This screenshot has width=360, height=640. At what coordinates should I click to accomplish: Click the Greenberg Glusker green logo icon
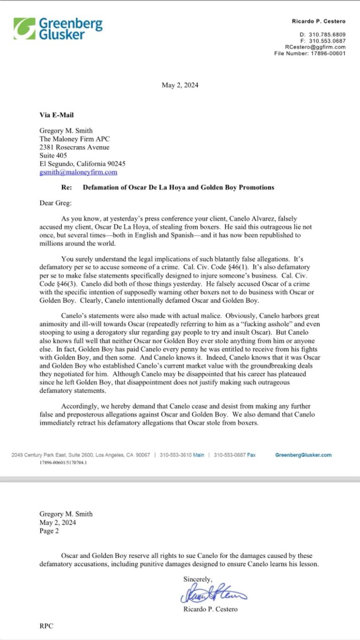pos(24,29)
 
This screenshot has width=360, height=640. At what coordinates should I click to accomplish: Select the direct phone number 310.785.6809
pos(327,35)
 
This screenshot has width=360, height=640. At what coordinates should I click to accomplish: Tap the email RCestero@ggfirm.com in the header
pos(315,47)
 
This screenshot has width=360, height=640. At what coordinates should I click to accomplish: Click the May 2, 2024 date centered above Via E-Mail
pos(180,85)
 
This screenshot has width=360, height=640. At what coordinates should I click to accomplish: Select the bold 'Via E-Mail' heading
pos(56,115)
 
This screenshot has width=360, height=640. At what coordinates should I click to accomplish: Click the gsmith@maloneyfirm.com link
pos(78,172)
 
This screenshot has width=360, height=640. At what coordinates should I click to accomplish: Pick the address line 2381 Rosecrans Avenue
pos(74,147)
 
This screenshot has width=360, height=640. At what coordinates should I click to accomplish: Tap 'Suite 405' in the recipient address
pos(53,155)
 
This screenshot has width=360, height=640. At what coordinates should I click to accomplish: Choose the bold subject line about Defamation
pos(178,187)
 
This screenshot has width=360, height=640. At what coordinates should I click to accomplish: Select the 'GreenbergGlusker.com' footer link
pos(303,455)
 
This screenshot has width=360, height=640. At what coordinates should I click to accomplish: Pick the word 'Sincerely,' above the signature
pos(198,579)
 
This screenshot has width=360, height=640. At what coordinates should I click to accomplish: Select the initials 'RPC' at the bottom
pos(46,626)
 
